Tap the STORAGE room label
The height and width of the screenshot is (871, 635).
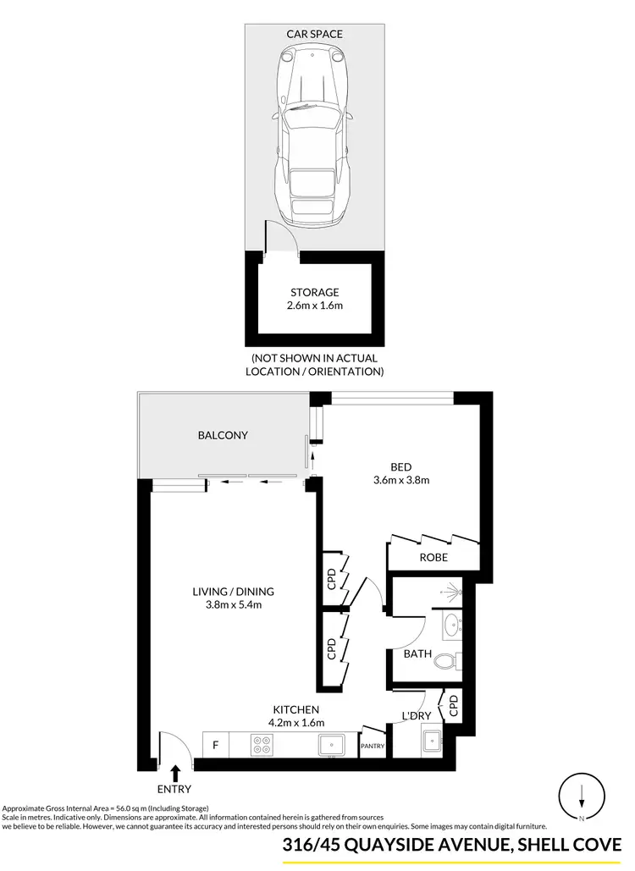click(x=314, y=293)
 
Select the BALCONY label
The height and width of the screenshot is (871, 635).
click(x=223, y=435)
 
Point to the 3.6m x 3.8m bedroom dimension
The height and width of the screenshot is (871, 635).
click(x=402, y=480)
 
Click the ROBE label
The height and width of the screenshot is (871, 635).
click(x=433, y=558)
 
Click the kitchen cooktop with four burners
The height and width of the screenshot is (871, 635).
click(x=261, y=745)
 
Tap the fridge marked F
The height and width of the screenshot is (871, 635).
click(x=216, y=746)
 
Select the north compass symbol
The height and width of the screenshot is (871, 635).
click(x=582, y=796)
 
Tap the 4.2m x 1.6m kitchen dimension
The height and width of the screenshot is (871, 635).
click(x=295, y=722)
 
